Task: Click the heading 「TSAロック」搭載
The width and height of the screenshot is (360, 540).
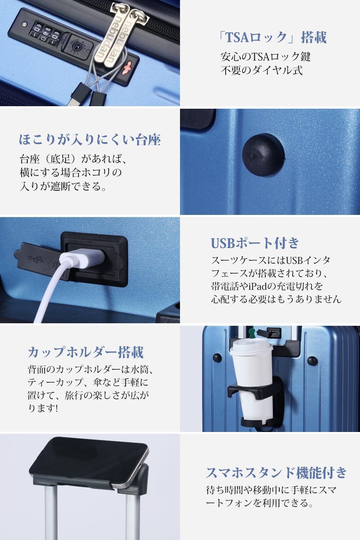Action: point(273,37)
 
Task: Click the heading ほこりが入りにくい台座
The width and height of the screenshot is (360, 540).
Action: point(90,140)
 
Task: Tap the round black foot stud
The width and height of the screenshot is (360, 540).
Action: point(263,154)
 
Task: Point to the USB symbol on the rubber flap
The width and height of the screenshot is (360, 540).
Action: point(36,260)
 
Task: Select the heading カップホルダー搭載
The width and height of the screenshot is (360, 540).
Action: point(86,352)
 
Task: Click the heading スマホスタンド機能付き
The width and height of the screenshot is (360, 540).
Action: point(276,472)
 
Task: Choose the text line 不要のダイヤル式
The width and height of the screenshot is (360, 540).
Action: point(262,71)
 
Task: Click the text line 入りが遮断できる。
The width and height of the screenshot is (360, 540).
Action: point(63,186)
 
